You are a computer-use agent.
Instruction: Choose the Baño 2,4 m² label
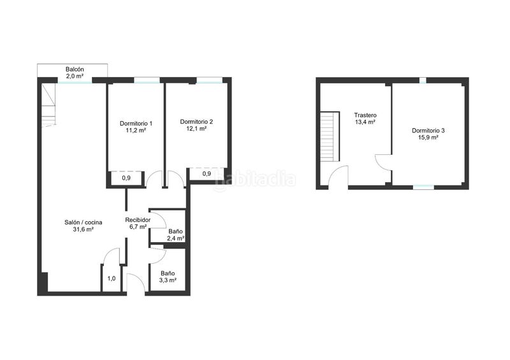pyautogui.click(x=176, y=235)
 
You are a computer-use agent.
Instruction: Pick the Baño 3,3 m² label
pyautogui.click(x=168, y=277)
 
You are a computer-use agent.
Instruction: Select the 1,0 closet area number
pyautogui.click(x=111, y=278)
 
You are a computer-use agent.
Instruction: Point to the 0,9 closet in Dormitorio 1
pyautogui.click(x=126, y=178)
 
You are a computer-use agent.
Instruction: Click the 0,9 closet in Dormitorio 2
pyautogui.click(x=207, y=174)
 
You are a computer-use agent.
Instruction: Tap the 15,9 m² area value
pyautogui.click(x=428, y=137)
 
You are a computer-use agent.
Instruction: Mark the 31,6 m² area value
pyautogui.click(x=84, y=229)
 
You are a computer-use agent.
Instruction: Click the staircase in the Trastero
pyautogui.click(x=330, y=136)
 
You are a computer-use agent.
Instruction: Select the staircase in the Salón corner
pyautogui.click(x=48, y=104)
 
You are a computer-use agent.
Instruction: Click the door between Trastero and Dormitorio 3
pyautogui.click(x=384, y=162)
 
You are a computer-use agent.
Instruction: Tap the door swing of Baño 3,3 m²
pyautogui.click(x=158, y=254)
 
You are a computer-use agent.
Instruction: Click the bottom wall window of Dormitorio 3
pyautogui.click(x=423, y=187)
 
